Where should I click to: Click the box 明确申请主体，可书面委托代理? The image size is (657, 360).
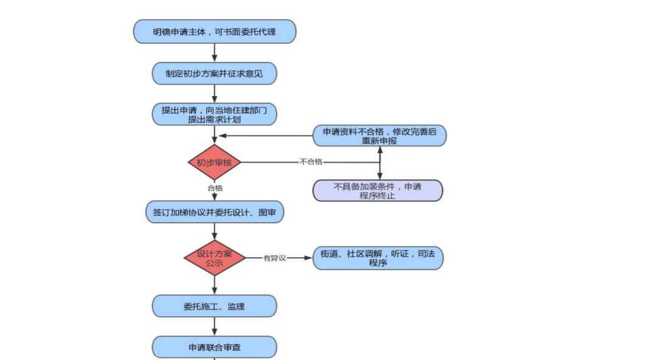[214, 32]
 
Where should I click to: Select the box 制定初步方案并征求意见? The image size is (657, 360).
[214, 74]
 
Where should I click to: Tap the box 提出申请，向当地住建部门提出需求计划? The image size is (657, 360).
[214, 114]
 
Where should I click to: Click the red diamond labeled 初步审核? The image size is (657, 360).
[214, 162]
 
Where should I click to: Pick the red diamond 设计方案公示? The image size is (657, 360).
[214, 258]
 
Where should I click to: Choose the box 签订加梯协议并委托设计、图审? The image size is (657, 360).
[214, 212]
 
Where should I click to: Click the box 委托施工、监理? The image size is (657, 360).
[214, 306]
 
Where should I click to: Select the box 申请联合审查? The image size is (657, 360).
[214, 347]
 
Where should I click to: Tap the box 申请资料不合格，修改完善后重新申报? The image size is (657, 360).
[380, 136]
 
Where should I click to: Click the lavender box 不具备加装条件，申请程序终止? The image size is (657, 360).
[377, 191]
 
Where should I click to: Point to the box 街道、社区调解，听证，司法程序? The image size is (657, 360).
[377, 258]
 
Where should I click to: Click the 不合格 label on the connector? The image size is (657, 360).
[310, 162]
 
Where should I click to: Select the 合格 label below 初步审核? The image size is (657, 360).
[215, 188]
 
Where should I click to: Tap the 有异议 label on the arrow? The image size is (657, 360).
[274, 258]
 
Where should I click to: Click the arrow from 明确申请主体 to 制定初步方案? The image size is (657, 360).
[214, 52]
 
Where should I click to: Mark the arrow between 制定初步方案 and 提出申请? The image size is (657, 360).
[214, 94]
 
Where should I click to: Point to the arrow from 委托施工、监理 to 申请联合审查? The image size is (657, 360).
[214, 327]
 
